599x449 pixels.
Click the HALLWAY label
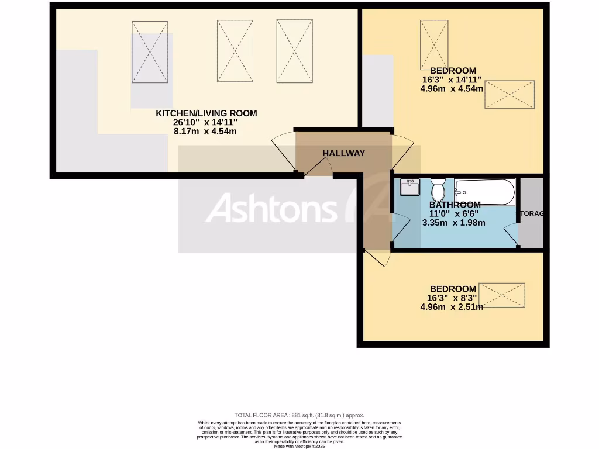click(343, 153)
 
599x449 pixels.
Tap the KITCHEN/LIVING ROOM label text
click(206, 113)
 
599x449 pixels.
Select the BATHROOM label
click(455, 205)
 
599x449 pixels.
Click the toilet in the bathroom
click(438, 189)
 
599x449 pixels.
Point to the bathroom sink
click(409, 187)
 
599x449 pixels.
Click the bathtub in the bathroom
click(485, 191)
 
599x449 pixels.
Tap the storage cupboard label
click(531, 213)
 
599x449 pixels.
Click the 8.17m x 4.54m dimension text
click(205, 132)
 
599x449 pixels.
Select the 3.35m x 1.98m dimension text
click(453, 223)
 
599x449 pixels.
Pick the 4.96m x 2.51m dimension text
click(452, 307)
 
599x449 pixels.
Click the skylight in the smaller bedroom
click(502, 295)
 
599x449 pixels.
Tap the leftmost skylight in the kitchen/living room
click(150, 51)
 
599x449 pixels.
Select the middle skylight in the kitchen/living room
click(235, 51)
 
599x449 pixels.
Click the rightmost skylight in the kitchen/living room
click(294, 51)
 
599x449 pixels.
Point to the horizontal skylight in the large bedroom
click(510, 94)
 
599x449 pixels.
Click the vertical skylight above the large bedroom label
click(434, 44)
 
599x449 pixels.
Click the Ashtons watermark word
click(271, 209)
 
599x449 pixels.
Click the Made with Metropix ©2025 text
click(299, 446)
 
